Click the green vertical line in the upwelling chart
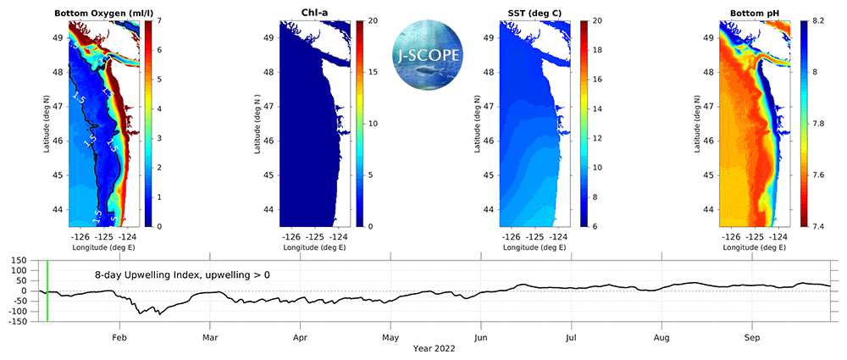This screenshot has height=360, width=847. pyautogui.click(x=47, y=291)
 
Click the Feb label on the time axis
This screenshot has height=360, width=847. pyautogui.click(x=120, y=336)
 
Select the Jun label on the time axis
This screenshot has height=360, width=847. pyautogui.click(x=481, y=336)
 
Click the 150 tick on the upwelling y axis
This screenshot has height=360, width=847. pyautogui.click(x=18, y=261)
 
